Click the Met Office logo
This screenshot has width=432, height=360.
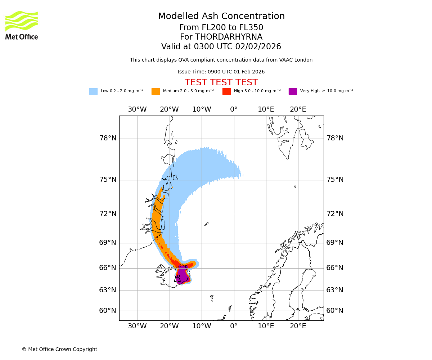point(22,25)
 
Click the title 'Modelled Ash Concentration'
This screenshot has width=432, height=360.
point(221,17)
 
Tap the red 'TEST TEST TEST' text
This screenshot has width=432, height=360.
point(221,82)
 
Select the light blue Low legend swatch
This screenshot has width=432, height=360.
point(93,91)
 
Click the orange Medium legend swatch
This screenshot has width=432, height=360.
point(156,91)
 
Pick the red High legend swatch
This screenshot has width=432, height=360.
point(226,91)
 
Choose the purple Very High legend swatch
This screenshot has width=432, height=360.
point(293,91)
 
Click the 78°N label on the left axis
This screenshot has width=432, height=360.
point(108,138)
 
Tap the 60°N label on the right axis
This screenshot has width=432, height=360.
point(335,310)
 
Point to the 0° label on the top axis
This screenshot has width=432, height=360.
point(234,109)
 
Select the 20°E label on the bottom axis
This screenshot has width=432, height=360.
point(298,326)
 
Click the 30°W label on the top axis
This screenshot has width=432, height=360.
point(137,109)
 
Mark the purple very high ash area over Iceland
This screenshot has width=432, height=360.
point(183,275)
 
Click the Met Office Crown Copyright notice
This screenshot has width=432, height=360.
point(59,349)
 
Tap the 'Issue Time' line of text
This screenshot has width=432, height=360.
point(221,72)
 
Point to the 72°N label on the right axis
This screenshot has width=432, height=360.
point(335,213)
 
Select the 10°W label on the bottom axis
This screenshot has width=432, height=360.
point(201,326)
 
